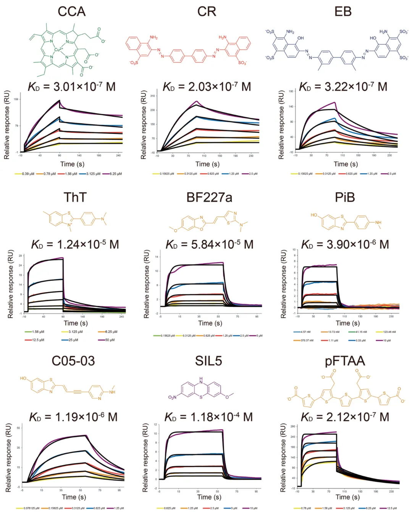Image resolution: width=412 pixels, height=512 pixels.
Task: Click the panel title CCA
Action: pyautogui.click(x=71, y=11)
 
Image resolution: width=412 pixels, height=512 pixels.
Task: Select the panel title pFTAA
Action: pyautogui.click(x=345, y=361)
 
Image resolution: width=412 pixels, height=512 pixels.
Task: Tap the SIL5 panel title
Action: pyautogui.click(x=208, y=361)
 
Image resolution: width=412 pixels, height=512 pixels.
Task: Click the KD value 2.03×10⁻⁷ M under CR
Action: pyautogui.click(x=207, y=87)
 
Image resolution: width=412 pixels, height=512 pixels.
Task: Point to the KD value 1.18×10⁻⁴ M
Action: pyautogui.click(x=208, y=417)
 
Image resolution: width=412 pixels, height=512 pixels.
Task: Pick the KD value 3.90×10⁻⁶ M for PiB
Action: pyautogui.click(x=345, y=244)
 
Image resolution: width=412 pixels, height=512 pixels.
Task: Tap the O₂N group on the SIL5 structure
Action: pyautogui.click(x=173, y=397)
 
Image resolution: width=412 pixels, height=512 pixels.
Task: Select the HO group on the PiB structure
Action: pyautogui.click(x=314, y=215)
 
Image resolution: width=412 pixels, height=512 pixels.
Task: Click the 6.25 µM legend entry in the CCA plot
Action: pyautogui.click(x=115, y=174)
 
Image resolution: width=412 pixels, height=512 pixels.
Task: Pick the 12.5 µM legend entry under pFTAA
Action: pyautogui.click(x=392, y=508)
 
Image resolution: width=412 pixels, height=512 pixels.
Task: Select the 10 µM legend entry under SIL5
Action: pyautogui.click(x=253, y=508)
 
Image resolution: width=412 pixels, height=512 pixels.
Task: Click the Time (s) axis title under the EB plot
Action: pyautogui.click(x=346, y=164)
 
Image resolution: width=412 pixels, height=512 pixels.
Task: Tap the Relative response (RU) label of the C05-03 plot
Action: pyautogui.click(x=8, y=457)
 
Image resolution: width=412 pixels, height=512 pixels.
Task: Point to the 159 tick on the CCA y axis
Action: pyautogui.click(x=16, y=99)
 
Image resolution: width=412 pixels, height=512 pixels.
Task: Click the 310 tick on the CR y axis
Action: pyautogui.click(x=153, y=96)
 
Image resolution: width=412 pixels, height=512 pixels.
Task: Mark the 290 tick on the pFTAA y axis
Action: pyautogui.click(x=293, y=426)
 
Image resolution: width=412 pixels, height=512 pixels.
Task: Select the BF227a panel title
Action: pyautogui.click(x=209, y=197)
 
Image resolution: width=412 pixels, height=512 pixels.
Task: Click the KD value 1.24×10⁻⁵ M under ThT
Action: pyautogui.click(x=75, y=244)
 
